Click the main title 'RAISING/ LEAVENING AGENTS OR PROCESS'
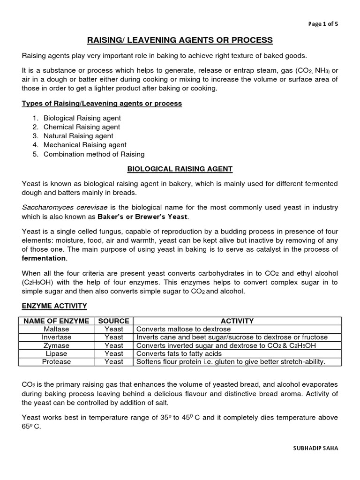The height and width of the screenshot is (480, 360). [x=180, y=40]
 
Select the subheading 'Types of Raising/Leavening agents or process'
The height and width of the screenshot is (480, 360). [x=102, y=103]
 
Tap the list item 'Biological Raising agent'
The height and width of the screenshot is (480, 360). [x=82, y=118]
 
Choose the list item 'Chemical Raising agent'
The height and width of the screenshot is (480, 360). [x=82, y=127]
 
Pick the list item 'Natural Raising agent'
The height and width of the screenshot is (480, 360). [x=78, y=136]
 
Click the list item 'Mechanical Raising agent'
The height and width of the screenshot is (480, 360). [x=85, y=145]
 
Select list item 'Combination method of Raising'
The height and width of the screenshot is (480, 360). [x=94, y=154]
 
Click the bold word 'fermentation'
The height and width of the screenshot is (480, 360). [x=44, y=258]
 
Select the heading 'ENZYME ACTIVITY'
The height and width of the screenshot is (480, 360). [x=54, y=306]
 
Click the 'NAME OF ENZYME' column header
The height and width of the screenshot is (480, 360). [x=56, y=321]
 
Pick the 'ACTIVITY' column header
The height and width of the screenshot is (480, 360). [x=237, y=321]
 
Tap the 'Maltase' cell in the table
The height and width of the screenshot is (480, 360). [x=56, y=329]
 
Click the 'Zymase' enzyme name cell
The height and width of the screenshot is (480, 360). [x=56, y=345]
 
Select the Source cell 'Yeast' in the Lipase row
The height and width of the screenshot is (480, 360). [x=114, y=353]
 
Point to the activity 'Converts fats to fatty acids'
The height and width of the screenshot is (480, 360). [x=181, y=353]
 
